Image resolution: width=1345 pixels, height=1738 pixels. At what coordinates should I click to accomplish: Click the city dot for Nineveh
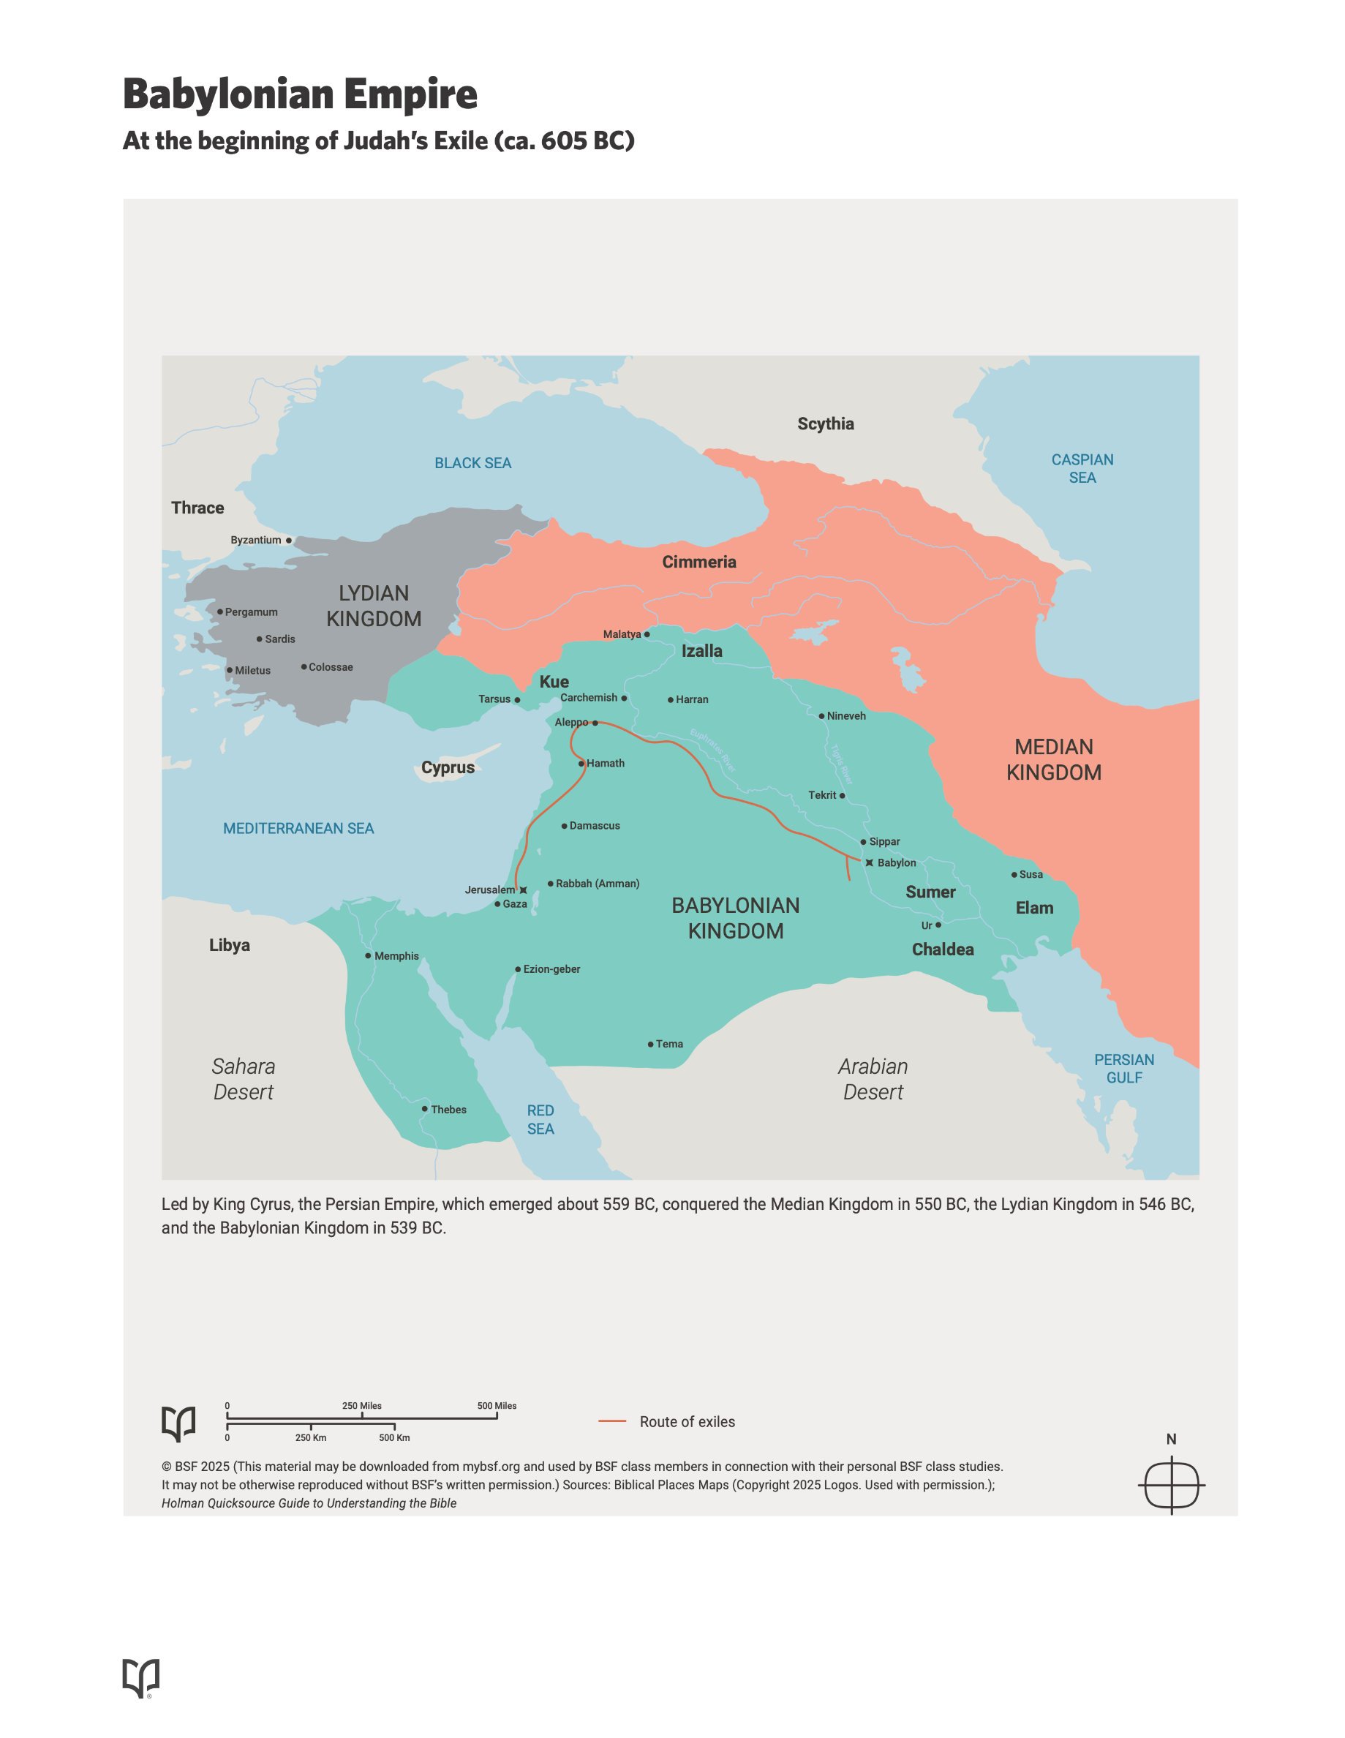[x=822, y=716]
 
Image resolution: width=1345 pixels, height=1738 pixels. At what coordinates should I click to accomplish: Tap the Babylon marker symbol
[x=869, y=862]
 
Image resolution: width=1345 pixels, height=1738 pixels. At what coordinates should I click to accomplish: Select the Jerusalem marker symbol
[x=523, y=889]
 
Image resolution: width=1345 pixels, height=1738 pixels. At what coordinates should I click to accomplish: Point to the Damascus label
[x=595, y=826]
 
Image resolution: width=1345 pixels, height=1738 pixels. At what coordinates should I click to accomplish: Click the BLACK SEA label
[x=472, y=463]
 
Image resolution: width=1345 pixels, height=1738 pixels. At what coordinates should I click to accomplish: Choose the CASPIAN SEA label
[x=1082, y=469]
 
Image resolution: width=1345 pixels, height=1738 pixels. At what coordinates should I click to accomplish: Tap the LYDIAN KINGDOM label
[x=374, y=606]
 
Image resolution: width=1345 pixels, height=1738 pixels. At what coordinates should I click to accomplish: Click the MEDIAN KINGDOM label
[x=1054, y=759]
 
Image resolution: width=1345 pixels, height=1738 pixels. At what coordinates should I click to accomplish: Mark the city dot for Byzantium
[x=289, y=541]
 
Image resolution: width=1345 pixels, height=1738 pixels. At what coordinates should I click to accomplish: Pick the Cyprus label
[x=448, y=767]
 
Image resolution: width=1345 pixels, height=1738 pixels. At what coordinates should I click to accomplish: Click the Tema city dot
[x=650, y=1044]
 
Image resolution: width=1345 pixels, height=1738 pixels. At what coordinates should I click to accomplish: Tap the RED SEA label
[x=540, y=1119]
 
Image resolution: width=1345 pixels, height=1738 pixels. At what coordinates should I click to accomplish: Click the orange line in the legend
[x=612, y=1421]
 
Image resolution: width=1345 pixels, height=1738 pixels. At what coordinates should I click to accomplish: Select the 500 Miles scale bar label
[x=497, y=1406]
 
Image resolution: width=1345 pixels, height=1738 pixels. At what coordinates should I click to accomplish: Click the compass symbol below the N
[x=1172, y=1485]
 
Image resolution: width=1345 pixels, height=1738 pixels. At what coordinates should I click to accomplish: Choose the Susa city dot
[x=1014, y=875]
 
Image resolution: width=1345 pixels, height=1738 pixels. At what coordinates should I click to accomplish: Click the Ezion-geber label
[x=551, y=969]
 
